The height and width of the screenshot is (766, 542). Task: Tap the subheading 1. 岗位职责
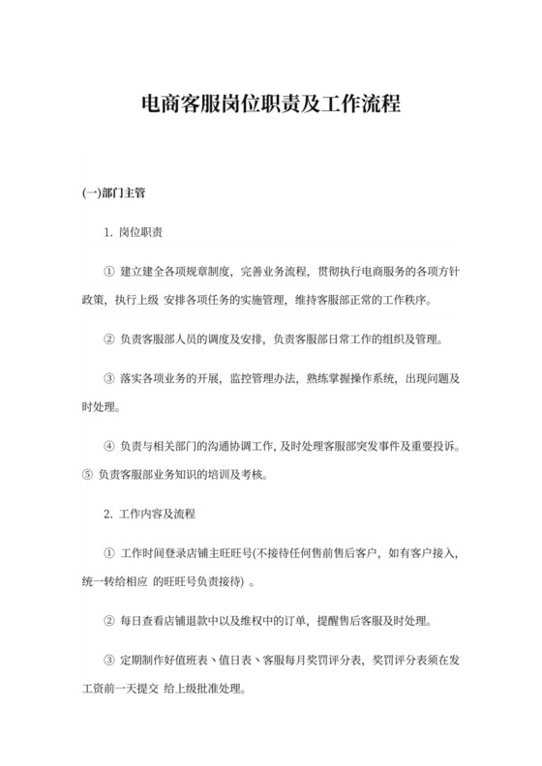tap(133, 233)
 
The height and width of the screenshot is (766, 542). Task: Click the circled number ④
tap(108, 446)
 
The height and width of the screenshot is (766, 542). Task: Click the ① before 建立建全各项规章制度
tap(108, 274)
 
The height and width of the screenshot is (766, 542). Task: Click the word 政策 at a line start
tap(93, 300)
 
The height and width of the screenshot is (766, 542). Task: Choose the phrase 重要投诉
tap(433, 446)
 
